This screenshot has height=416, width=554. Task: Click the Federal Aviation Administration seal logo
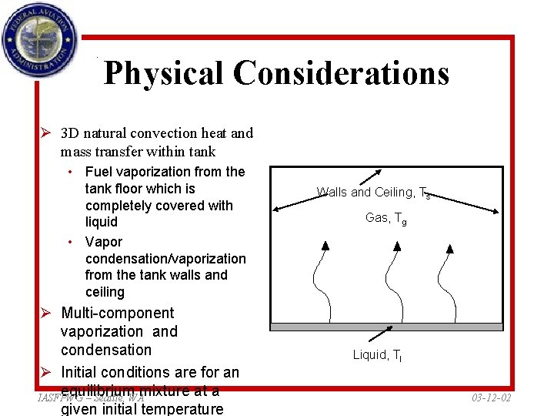point(39,39)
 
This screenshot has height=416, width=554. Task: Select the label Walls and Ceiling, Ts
point(373,193)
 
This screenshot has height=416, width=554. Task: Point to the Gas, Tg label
point(385,219)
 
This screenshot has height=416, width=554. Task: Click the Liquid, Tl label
point(378,355)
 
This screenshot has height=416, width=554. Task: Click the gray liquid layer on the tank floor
point(385,327)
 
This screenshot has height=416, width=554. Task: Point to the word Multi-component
point(117,313)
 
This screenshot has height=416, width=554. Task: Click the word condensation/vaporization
point(165,259)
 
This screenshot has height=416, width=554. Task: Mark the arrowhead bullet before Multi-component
point(47,314)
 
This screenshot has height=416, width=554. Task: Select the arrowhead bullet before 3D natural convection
point(47,133)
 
